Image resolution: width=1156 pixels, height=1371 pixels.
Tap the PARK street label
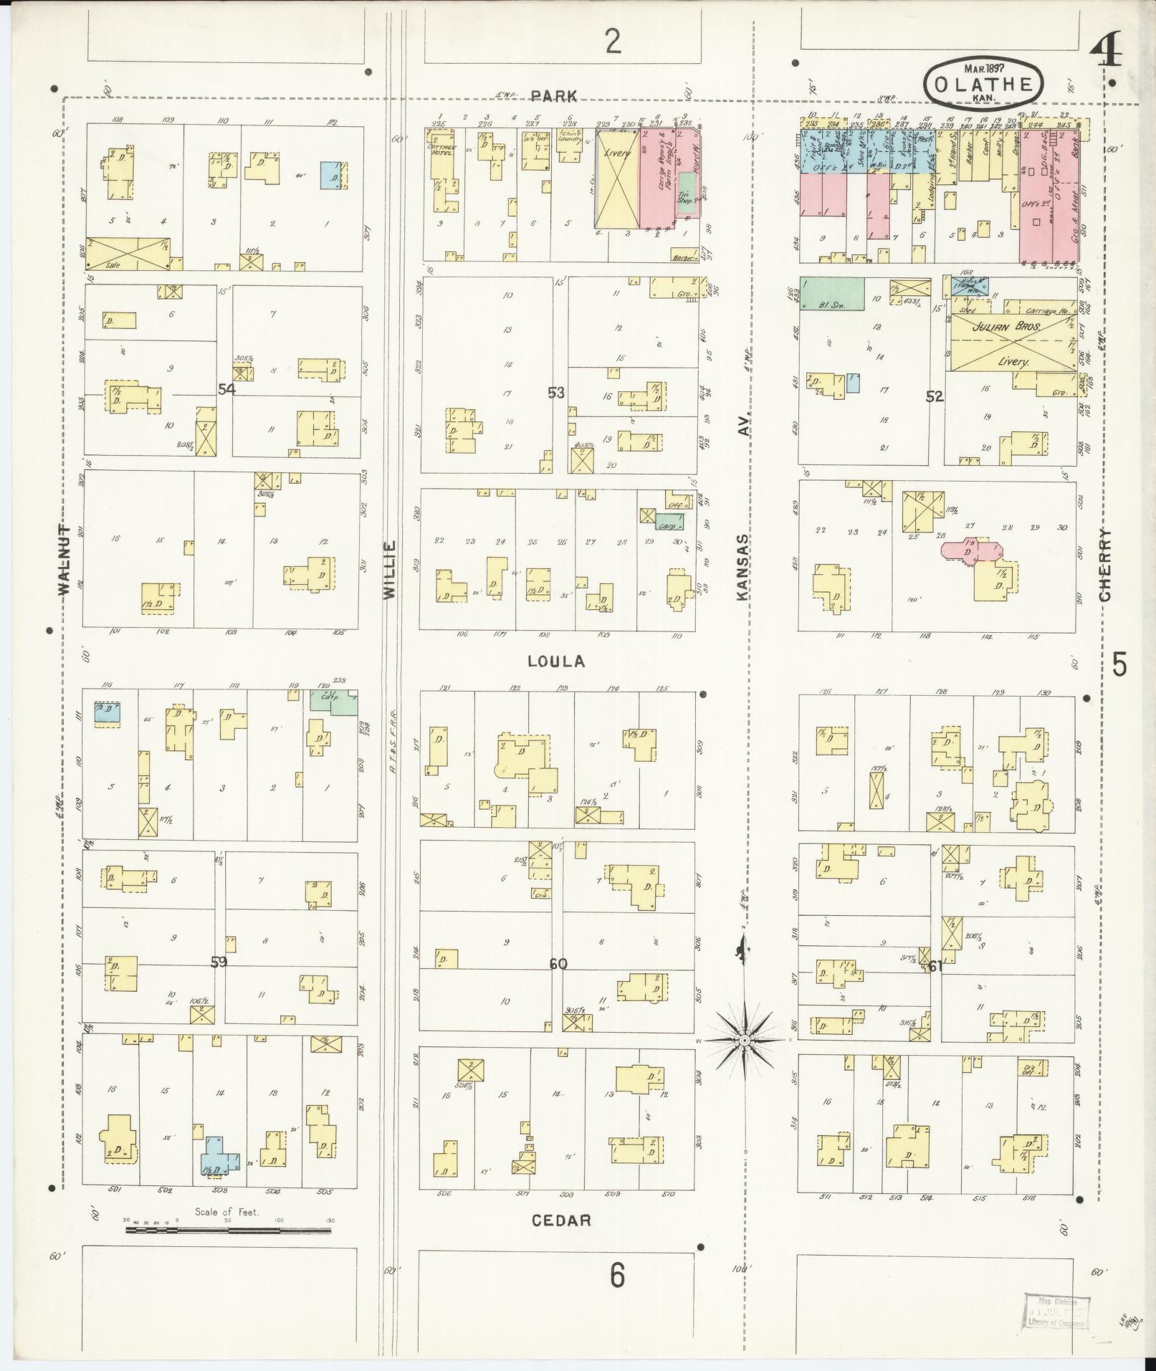(x=555, y=97)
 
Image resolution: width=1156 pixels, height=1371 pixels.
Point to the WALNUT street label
(x=65, y=560)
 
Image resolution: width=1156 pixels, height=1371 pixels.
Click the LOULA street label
(x=556, y=661)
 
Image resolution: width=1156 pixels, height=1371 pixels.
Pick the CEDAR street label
(x=561, y=1220)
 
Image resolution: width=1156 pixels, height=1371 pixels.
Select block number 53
(x=555, y=392)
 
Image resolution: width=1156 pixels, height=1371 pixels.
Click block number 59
(x=219, y=962)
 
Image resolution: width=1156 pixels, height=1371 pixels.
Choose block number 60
(x=558, y=964)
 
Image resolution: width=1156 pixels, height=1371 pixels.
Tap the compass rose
(x=745, y=1039)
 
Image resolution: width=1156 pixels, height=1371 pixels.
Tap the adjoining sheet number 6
(x=617, y=1275)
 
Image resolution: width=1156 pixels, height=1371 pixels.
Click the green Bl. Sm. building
(x=831, y=294)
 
